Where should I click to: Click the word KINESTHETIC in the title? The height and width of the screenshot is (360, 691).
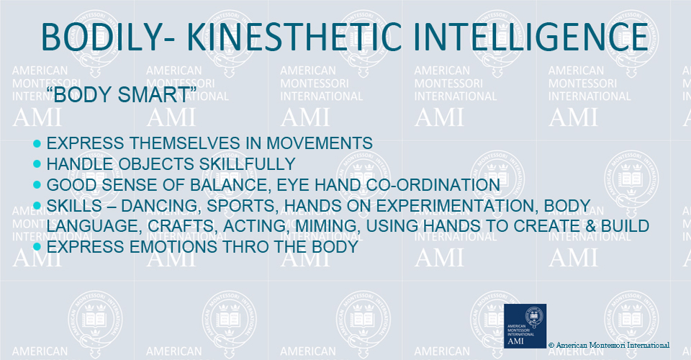click(x=294, y=37)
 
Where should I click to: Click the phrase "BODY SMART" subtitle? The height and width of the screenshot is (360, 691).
click(x=122, y=94)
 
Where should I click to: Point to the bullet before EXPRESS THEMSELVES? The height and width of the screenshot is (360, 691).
click(x=37, y=143)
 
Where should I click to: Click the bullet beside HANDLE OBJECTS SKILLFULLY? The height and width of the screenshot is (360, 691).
click(x=37, y=164)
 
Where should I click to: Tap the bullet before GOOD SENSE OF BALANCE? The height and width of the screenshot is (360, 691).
click(x=37, y=184)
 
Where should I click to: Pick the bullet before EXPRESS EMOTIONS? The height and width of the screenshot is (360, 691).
click(x=37, y=247)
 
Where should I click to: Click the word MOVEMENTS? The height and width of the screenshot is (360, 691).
click(x=320, y=143)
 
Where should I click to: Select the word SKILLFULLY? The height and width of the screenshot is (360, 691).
click(x=247, y=164)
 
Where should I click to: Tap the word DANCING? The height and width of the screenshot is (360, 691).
click(x=161, y=206)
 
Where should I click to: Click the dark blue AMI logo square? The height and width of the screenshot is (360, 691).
click(x=525, y=326)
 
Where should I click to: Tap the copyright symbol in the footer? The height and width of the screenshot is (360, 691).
click(x=551, y=346)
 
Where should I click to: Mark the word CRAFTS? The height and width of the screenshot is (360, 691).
click(x=183, y=225)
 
